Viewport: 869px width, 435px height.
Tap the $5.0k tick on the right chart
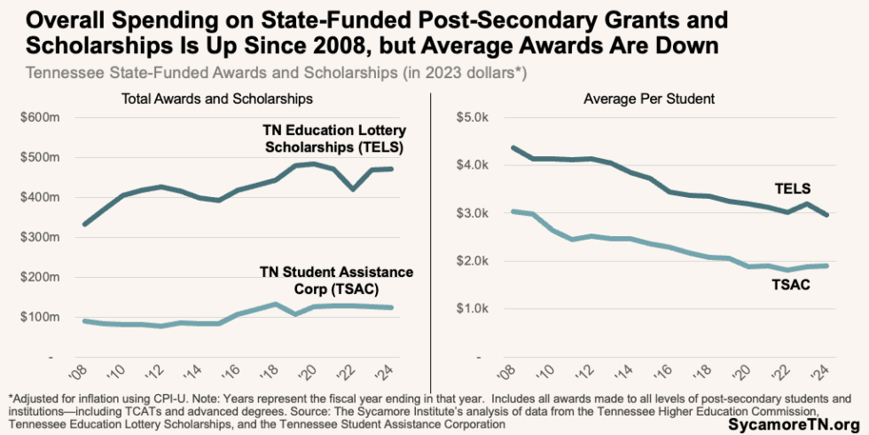(471, 117)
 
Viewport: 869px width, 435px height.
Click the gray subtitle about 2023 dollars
(277, 72)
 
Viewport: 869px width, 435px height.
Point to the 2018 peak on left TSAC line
(276, 304)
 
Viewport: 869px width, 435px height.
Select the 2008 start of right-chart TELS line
(488, 147)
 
